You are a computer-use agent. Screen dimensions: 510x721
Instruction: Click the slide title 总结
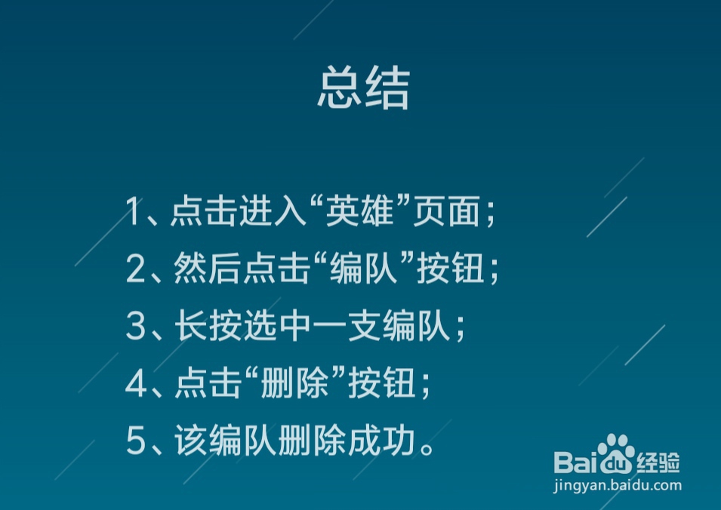click(x=363, y=90)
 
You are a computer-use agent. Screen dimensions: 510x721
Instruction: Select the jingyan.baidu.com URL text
click(x=618, y=485)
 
